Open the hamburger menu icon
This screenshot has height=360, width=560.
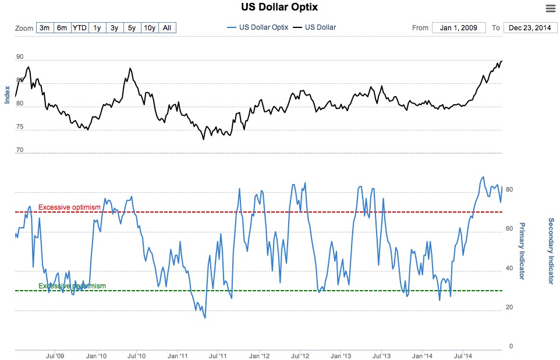(550, 8)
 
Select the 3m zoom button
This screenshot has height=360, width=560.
(44, 27)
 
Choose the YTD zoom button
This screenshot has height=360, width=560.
(79, 27)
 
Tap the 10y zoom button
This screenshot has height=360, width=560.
(150, 27)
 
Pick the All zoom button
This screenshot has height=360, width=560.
(167, 27)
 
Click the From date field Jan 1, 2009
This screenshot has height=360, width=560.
(459, 27)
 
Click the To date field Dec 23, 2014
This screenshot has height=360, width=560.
(530, 27)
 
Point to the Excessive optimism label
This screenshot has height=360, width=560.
(69, 207)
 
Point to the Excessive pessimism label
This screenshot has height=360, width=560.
(72, 285)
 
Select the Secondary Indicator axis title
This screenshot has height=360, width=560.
(551, 250)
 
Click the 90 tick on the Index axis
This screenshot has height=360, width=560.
(20, 57)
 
